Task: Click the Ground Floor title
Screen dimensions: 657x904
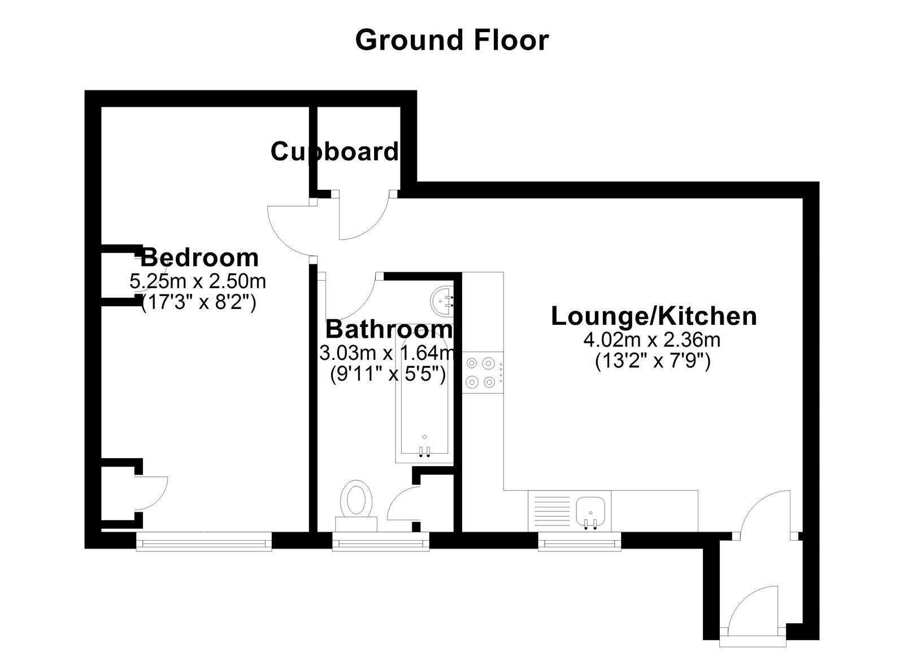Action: click(451, 40)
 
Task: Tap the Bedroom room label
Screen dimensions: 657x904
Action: click(199, 258)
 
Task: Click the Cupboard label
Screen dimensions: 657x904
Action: click(334, 151)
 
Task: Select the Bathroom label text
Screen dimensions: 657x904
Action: click(389, 329)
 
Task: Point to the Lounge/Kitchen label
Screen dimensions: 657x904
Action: click(654, 316)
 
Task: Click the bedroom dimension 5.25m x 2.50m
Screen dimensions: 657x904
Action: click(198, 281)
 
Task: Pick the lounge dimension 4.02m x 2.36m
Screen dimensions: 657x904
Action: click(653, 340)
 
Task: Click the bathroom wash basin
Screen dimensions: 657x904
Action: click(444, 299)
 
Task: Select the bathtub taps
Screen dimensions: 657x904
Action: click(424, 450)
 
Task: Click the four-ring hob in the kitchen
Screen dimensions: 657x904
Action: click(483, 373)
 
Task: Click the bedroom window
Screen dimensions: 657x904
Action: click(204, 543)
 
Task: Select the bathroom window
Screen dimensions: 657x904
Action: click(380, 543)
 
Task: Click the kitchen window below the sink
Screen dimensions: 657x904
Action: click(579, 543)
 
